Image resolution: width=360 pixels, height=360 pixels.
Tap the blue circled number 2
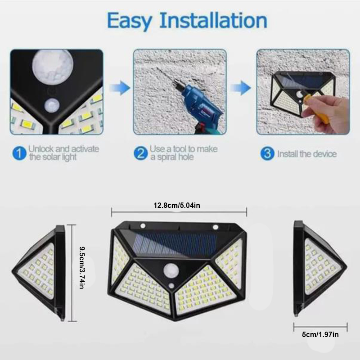[141, 153]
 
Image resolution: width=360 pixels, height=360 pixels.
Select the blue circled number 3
[267, 153]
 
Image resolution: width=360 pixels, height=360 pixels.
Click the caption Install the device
[306, 154]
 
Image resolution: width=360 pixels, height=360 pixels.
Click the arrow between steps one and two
[119, 88]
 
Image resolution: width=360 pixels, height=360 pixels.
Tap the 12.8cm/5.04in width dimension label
[180, 205]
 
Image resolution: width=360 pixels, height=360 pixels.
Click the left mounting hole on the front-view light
[142, 226]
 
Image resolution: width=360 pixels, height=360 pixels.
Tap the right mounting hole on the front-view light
[215, 226]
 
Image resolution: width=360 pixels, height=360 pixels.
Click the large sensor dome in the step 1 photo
[53, 66]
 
